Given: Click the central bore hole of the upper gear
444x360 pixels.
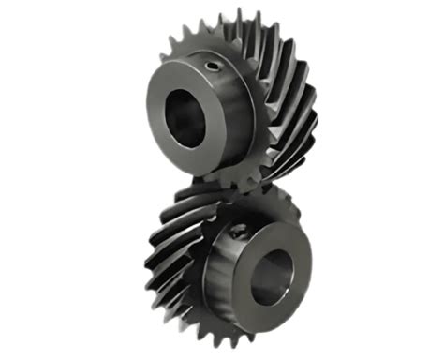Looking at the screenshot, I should coord(187,118).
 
